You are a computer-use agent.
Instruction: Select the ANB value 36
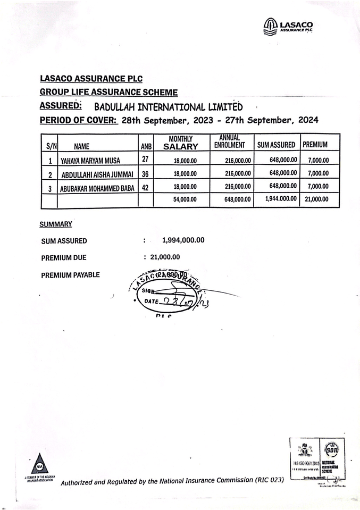[145, 174]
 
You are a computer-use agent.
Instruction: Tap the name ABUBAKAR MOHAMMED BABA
[97, 187]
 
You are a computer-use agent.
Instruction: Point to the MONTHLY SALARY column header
[180, 143]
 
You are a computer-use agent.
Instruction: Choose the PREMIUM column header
[315, 144]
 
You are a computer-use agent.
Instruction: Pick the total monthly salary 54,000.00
[185, 199]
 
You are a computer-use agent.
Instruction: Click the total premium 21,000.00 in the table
[316, 199]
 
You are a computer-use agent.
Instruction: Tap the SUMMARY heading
[56, 224]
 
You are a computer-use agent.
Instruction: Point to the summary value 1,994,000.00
[183, 240]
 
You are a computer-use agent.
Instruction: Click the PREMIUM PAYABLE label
[70, 275]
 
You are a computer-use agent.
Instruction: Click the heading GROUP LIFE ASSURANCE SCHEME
[108, 92]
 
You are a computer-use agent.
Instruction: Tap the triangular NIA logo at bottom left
[39, 464]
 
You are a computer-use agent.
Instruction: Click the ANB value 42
[145, 187]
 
